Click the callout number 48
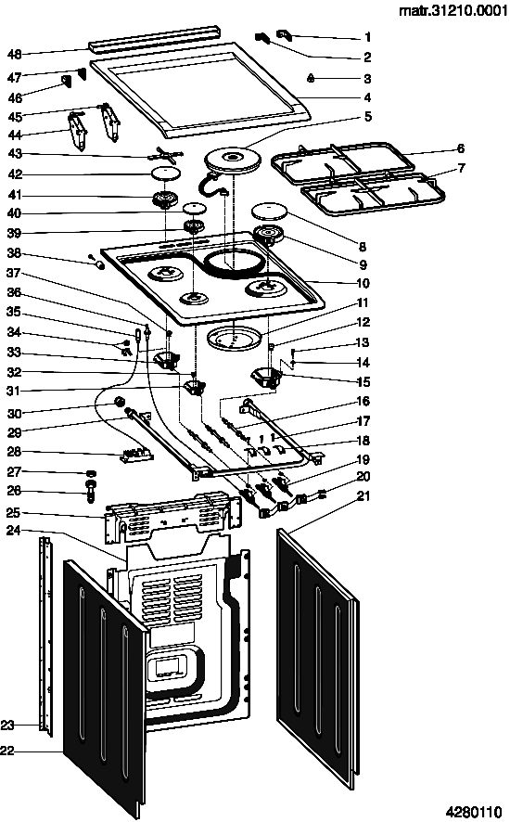point(14,54)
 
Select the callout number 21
point(363,496)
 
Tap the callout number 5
point(367,116)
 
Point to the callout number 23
point(7,725)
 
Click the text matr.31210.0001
point(453,10)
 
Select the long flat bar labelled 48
point(153,38)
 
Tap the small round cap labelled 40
point(194,208)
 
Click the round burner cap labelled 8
point(271,212)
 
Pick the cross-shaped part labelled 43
point(166,155)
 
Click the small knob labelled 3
point(311,78)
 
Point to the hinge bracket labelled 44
point(77,131)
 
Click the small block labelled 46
point(67,83)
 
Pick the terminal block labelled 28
point(135,455)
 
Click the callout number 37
point(13,273)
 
